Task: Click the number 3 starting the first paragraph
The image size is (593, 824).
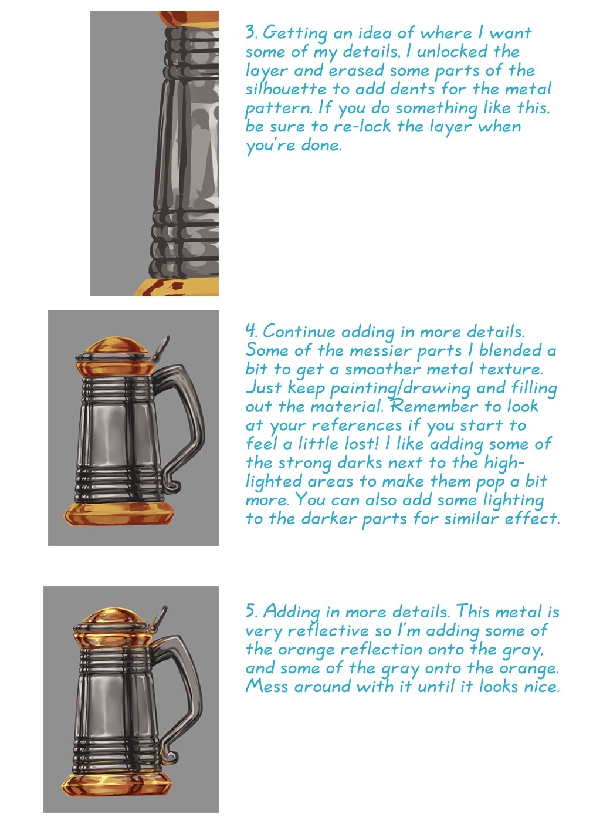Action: (251, 32)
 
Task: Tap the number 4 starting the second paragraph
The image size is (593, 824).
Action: (251, 331)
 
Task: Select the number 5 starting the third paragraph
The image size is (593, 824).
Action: (251, 610)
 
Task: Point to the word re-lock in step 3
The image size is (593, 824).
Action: (362, 127)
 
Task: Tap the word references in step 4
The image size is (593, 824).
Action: (357, 425)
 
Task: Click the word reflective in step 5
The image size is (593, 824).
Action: (328, 630)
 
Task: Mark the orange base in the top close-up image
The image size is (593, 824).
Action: (177, 287)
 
